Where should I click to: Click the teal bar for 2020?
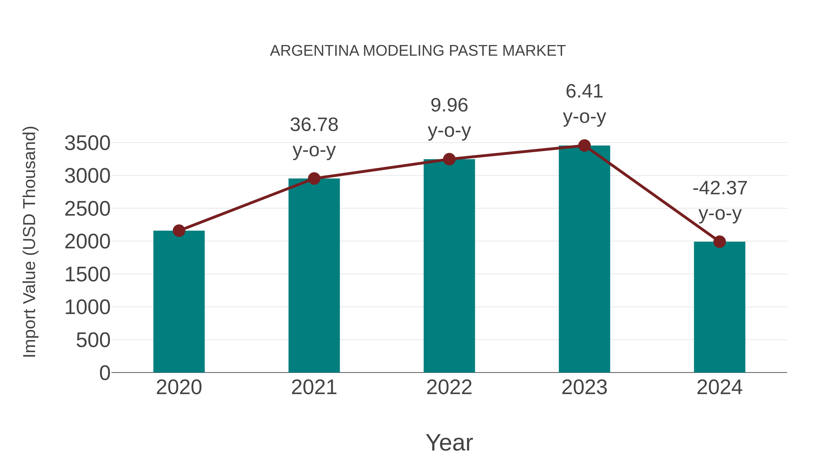tap(179, 302)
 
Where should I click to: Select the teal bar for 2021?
tap(314, 276)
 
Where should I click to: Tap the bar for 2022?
tap(449, 266)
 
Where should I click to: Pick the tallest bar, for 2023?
tap(584, 259)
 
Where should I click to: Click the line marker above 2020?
tap(179, 231)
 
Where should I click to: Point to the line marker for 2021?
tap(314, 178)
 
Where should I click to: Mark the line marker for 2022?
tap(449, 159)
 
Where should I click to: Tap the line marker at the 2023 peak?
tap(584, 146)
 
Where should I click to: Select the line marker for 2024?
tap(719, 242)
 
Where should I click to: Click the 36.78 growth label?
tap(314, 125)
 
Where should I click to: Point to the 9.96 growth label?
tap(449, 105)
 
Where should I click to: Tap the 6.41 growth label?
tap(584, 91)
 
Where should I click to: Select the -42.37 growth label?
tap(719, 188)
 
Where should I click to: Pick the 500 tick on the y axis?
tap(93, 340)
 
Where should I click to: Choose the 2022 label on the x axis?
tap(449, 387)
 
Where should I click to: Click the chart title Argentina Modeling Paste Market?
tap(418, 51)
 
